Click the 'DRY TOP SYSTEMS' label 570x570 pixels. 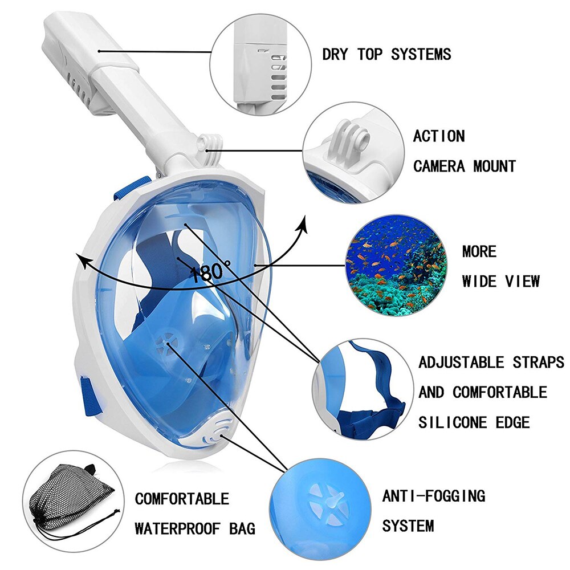coord(386,54)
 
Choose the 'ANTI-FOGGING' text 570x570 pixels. coord(433,495)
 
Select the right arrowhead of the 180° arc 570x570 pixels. coord(303,223)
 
